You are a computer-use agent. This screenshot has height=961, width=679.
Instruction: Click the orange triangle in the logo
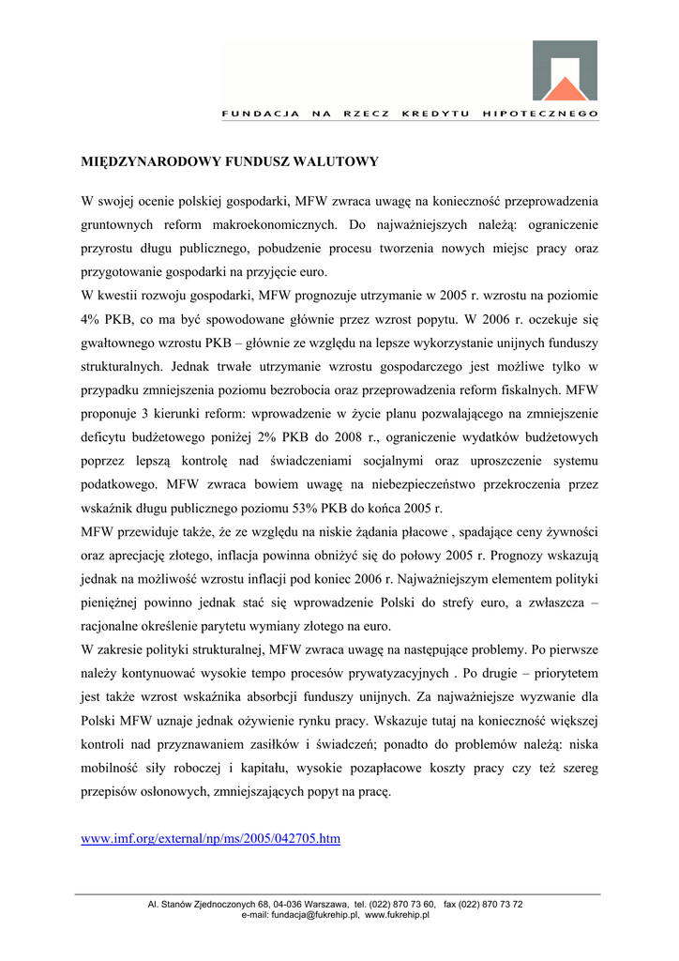565,89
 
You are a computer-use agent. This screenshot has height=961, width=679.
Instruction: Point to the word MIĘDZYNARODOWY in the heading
142,161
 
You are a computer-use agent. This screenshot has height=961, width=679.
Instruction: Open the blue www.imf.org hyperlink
211,838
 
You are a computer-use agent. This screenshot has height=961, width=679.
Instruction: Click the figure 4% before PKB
92,319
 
